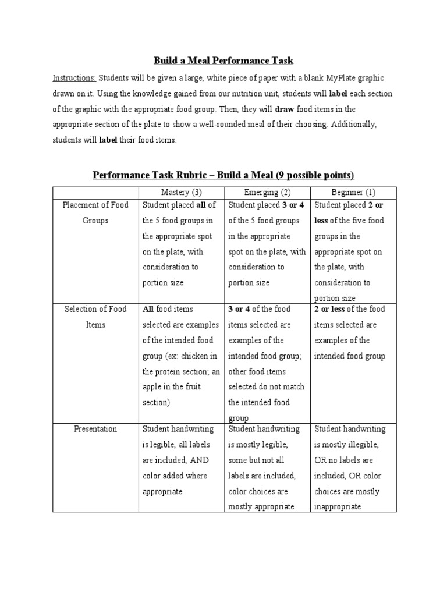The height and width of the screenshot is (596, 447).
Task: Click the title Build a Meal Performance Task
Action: click(223, 61)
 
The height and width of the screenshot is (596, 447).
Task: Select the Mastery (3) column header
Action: click(181, 193)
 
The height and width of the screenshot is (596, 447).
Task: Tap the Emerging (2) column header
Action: click(268, 193)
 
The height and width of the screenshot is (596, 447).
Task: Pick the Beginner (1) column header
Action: click(354, 193)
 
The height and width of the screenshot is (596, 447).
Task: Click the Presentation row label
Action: click(95, 429)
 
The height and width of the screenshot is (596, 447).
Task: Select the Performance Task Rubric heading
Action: click(223, 175)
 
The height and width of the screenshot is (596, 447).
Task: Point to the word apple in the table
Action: click(153, 386)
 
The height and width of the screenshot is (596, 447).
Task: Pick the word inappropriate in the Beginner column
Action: click(338, 506)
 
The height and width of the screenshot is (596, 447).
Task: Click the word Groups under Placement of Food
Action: click(95, 221)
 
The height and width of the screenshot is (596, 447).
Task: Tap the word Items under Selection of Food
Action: click(95, 325)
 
